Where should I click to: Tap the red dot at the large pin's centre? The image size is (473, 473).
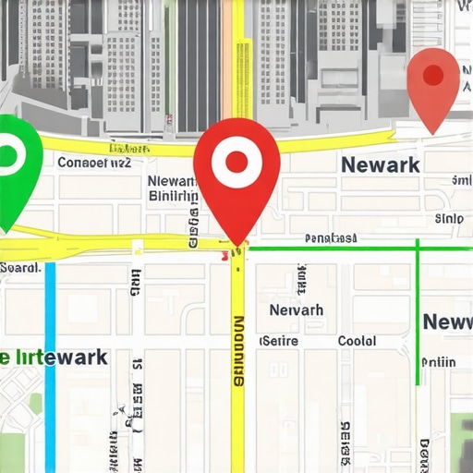point(237,163)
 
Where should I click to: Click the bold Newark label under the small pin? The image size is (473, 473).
point(380,165)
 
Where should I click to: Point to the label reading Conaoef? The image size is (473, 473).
point(94,164)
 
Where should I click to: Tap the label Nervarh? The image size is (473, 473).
point(296,310)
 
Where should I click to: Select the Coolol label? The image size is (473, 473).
point(357,341)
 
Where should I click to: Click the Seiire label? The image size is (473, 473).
point(280,341)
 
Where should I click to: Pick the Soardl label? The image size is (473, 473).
point(19,268)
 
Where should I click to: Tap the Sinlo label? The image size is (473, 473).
point(449,219)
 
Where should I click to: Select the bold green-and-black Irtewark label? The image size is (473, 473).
point(54,357)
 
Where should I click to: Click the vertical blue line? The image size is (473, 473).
point(50,370)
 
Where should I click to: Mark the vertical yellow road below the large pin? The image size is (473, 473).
point(237,370)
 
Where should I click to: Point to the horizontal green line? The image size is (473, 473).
point(333,248)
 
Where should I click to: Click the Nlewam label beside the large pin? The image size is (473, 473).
point(173,181)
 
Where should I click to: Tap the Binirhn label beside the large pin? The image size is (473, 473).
point(173,196)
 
